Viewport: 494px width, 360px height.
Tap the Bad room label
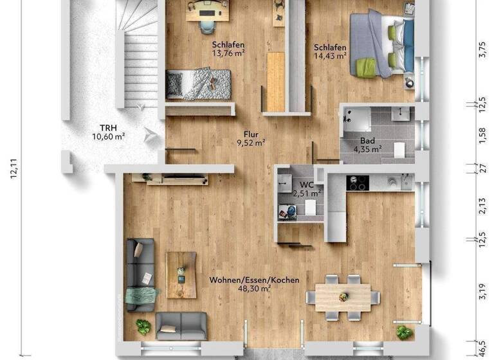[367, 139]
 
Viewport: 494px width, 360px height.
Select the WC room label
[306, 184]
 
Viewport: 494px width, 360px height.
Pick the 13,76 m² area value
[229, 55]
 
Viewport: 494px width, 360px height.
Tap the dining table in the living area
[342, 296]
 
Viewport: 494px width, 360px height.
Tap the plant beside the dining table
[404, 332]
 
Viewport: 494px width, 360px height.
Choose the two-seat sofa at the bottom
[181, 325]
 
